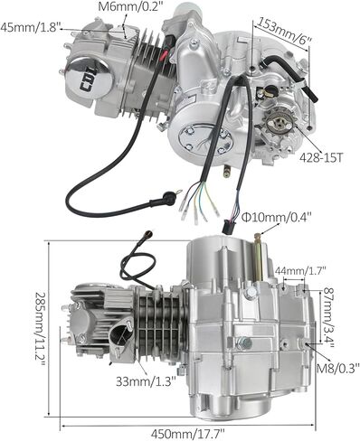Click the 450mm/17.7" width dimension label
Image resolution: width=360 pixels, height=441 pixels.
pos(187,434)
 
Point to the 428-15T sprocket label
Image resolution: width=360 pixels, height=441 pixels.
pos(321,157)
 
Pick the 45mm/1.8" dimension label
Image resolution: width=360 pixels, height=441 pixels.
pos(29,27)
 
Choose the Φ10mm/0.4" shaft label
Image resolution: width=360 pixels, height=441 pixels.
pos(277,217)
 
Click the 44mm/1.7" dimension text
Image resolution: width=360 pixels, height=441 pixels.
pos(301,270)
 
